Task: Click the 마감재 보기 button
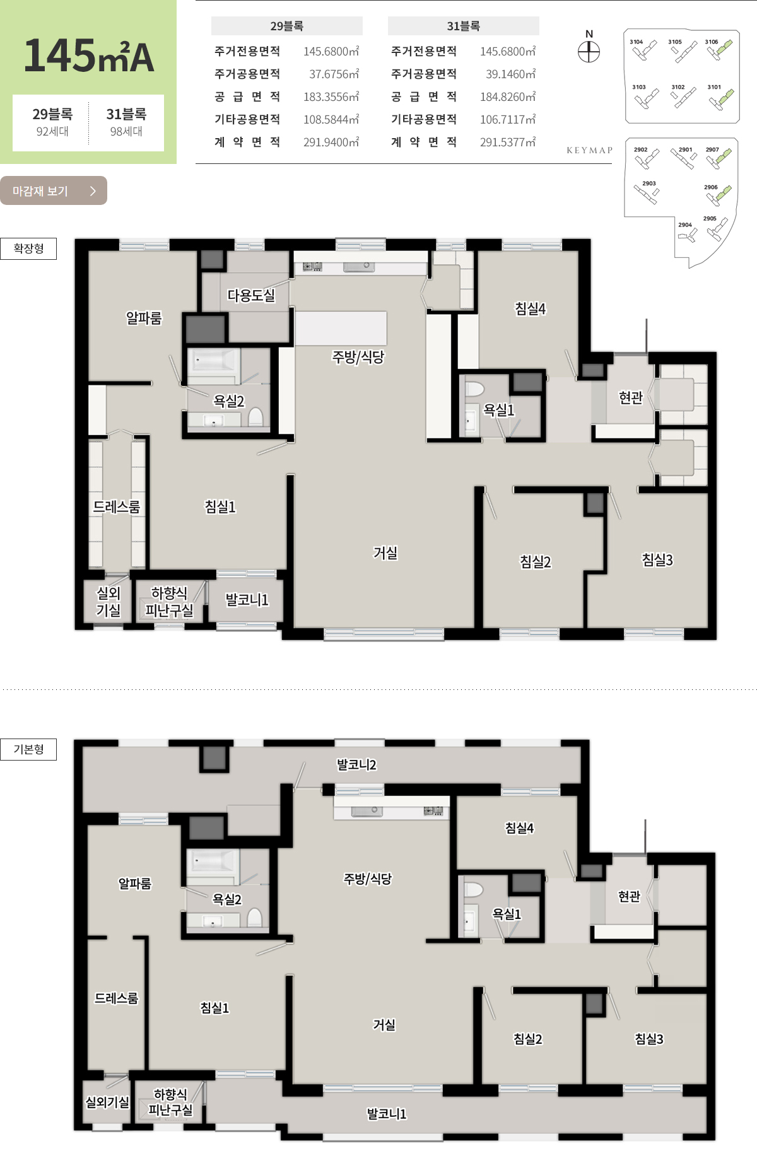pyautogui.click(x=54, y=190)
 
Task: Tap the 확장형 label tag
pyautogui.click(x=28, y=248)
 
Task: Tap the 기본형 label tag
pyautogui.click(x=28, y=749)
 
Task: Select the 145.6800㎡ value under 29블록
pyautogui.click(x=331, y=52)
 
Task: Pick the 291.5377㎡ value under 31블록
pyautogui.click(x=508, y=143)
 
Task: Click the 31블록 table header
pyautogui.click(x=464, y=26)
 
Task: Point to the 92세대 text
pyautogui.click(x=52, y=131)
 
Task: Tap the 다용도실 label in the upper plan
pyautogui.click(x=251, y=295)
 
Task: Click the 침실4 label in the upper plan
pyautogui.click(x=530, y=308)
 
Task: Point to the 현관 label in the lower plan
pyautogui.click(x=629, y=896)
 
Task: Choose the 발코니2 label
pyautogui.click(x=356, y=764)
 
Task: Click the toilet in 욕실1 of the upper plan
pyautogui.click(x=474, y=388)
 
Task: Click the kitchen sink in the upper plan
pyautogui.click(x=359, y=267)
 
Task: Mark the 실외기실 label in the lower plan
pyautogui.click(x=107, y=1102)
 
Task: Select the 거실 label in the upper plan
pyautogui.click(x=385, y=552)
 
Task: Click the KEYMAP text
pyautogui.click(x=590, y=150)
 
